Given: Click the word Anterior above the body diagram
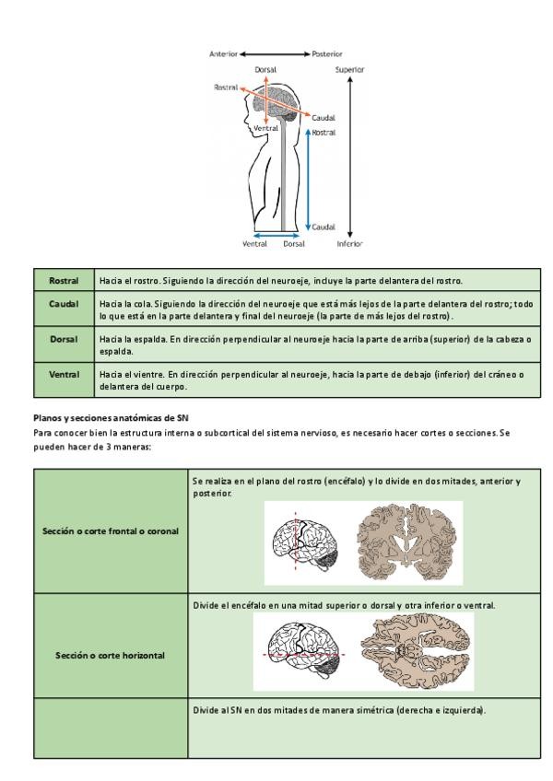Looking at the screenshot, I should click(224, 54).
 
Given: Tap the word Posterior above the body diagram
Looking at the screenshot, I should click(327, 54).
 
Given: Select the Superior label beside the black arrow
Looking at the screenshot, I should click(349, 69).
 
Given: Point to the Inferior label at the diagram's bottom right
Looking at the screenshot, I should click(349, 244).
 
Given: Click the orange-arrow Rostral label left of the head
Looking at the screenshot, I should click(226, 87).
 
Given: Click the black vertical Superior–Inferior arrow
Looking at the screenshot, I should click(350, 157).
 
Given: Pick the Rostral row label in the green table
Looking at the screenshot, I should click(64, 280).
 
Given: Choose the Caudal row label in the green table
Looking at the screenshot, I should click(64, 302).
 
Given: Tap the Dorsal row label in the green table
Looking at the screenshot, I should click(64, 339).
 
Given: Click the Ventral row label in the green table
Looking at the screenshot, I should click(64, 375).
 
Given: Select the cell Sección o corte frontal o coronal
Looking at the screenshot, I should click(110, 530).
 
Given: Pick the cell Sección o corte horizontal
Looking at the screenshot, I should click(110, 655).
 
